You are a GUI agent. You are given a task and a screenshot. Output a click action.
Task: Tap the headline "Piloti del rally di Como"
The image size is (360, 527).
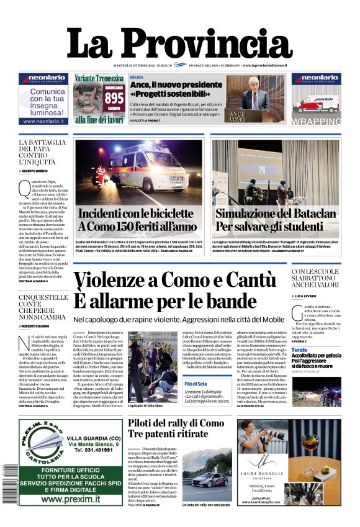click(176, 423)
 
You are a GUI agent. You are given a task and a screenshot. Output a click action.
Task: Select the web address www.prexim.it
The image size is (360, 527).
click(71, 498)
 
